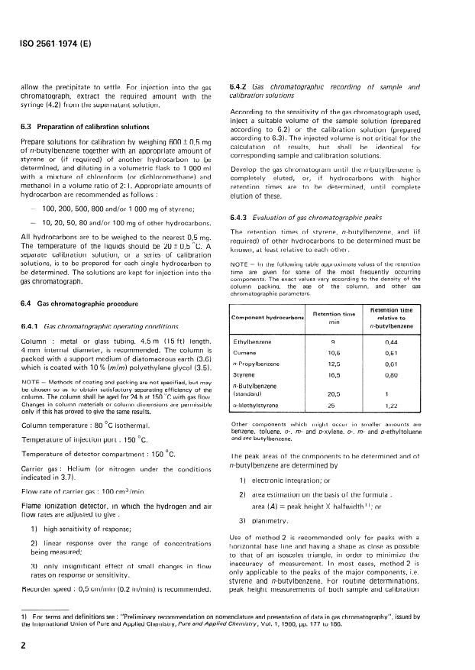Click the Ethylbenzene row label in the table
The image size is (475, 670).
click(x=253, y=342)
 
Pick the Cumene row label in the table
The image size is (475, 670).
click(x=245, y=354)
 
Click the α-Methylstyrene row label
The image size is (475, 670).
click(x=256, y=406)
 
